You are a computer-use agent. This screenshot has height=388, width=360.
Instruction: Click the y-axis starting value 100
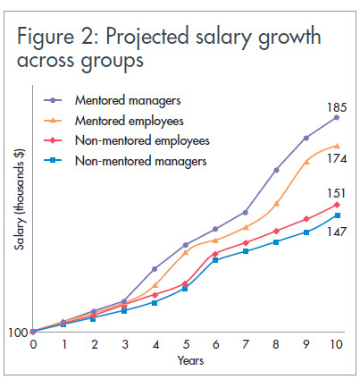[18, 333]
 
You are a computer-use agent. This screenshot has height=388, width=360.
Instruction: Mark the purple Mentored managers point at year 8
[276, 170]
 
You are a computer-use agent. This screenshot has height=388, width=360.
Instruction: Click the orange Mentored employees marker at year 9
[306, 161]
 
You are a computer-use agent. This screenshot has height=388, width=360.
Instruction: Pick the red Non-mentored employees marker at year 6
[215, 254]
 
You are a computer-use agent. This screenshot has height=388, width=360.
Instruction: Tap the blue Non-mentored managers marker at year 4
[155, 302]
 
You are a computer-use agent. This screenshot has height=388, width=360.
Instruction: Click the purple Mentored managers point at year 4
[155, 268]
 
